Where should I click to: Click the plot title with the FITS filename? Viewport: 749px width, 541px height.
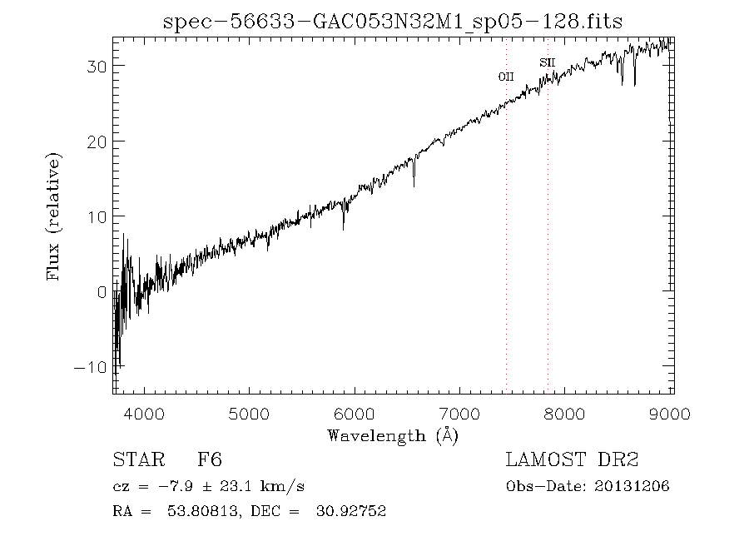tap(393, 22)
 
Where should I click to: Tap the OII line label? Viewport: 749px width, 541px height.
tap(506, 77)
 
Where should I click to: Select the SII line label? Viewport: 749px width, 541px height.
tap(548, 62)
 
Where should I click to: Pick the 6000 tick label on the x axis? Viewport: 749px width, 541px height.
tap(355, 414)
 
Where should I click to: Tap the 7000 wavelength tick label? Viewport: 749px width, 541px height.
tap(461, 414)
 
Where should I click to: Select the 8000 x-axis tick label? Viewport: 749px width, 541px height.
tap(567, 414)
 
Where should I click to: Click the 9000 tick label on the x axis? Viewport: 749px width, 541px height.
tap(672, 414)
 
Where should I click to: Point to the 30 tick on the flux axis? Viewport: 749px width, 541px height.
tap(97, 66)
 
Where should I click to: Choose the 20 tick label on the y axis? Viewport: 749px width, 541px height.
tap(97, 141)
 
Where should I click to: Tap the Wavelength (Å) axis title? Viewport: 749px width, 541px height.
tap(393, 435)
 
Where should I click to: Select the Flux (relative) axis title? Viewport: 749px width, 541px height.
tap(55, 216)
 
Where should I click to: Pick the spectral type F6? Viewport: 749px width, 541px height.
tap(209, 460)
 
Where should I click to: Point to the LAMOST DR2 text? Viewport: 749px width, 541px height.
tap(572, 460)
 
